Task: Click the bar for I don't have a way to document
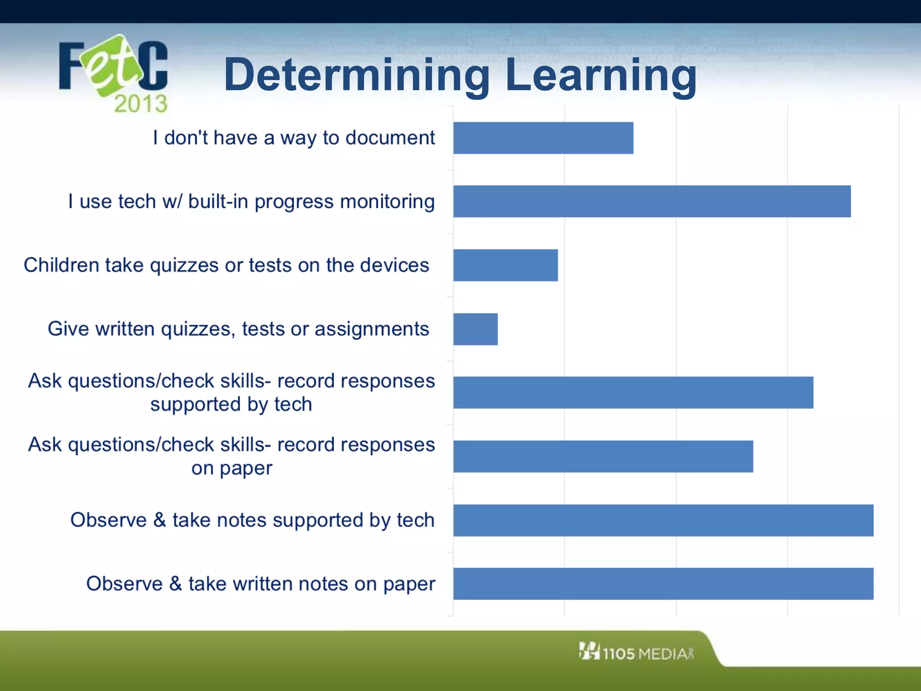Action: [x=543, y=138]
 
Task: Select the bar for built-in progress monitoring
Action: [x=652, y=202]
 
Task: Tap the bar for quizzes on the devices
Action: [x=505, y=265]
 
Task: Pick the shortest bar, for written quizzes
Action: [x=475, y=329]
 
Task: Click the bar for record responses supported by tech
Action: [x=633, y=393]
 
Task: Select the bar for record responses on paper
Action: [x=603, y=457]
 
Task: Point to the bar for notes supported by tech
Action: [x=663, y=520]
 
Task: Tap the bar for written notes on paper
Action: [x=663, y=584]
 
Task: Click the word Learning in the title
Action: [x=601, y=76]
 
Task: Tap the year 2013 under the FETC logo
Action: [x=140, y=104]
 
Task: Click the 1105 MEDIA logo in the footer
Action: [x=636, y=653]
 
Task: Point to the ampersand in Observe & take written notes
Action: [x=175, y=583]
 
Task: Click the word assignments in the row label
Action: [x=371, y=329]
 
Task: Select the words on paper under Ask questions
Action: [x=232, y=468]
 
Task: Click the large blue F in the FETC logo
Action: [x=71, y=66]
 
